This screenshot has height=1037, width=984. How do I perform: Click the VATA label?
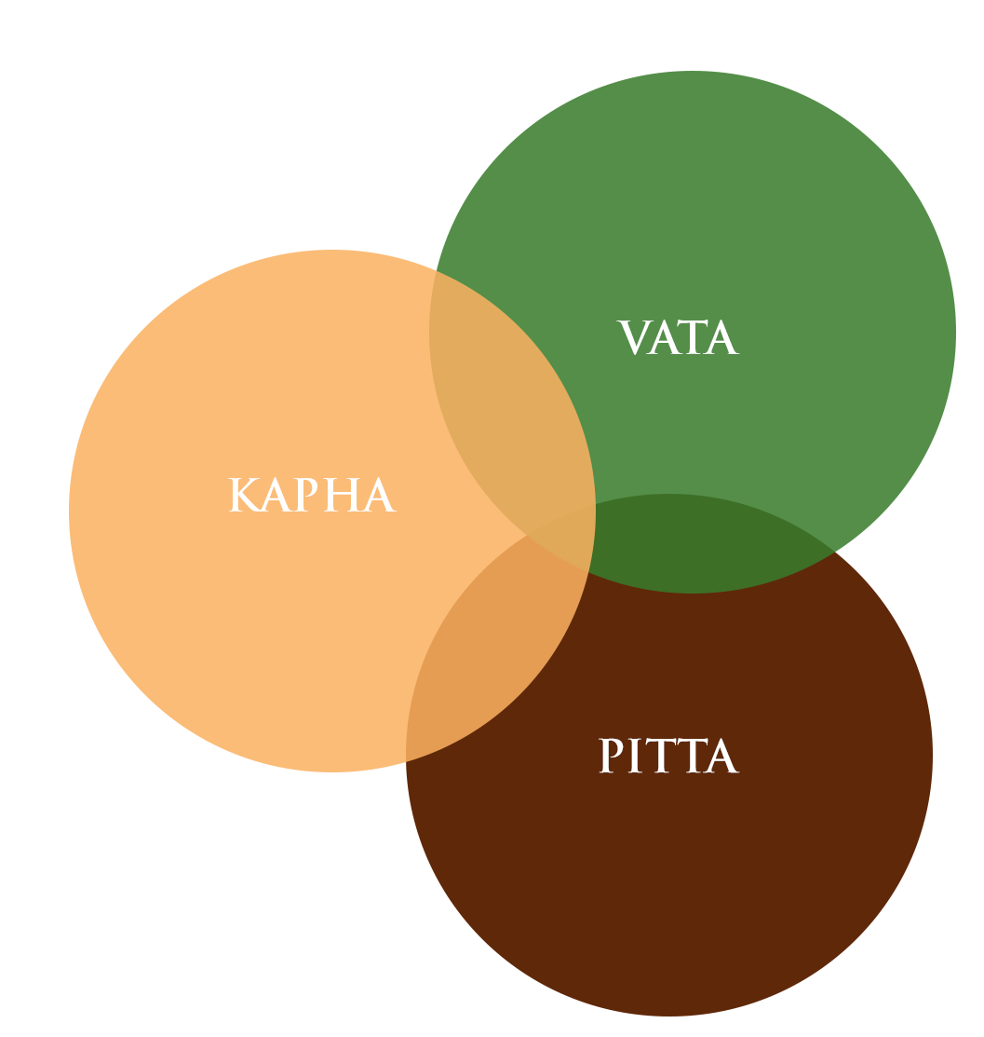tap(678, 338)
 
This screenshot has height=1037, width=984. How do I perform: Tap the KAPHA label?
tap(313, 496)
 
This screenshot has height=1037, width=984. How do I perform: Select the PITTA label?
tap(668, 757)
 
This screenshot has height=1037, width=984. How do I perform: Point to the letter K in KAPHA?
tap(243, 496)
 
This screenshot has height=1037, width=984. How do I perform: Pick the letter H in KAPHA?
tap(341, 496)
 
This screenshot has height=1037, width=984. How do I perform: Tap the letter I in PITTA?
tap(637, 757)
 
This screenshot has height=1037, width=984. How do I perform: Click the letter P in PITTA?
tap(611, 757)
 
